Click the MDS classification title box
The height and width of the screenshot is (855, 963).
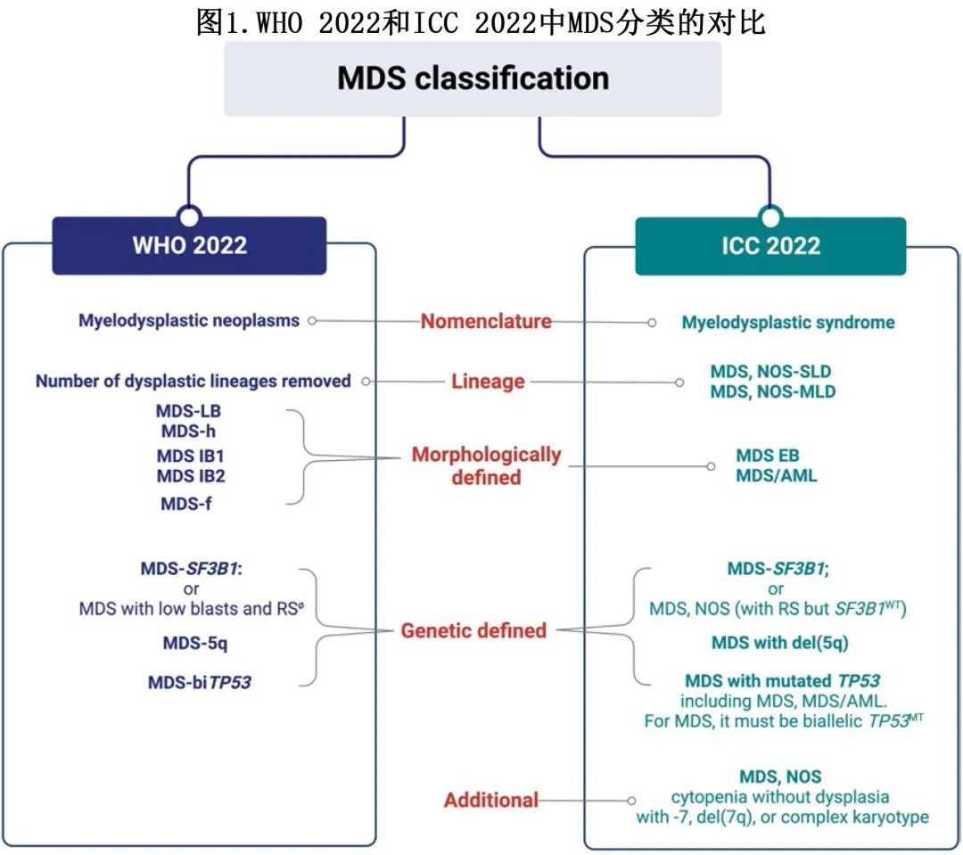pyautogui.click(x=473, y=78)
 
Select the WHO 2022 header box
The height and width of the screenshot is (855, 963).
pyautogui.click(x=189, y=245)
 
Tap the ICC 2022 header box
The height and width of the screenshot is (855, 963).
pyautogui.click(x=770, y=246)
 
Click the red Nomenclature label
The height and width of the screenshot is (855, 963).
pyautogui.click(x=486, y=322)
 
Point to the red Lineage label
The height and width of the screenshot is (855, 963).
pyautogui.click(x=487, y=382)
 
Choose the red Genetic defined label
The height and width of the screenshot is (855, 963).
pyautogui.click(x=473, y=631)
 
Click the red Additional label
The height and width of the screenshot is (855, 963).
pyautogui.click(x=491, y=800)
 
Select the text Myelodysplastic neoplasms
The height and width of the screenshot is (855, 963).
pyautogui.click(x=189, y=321)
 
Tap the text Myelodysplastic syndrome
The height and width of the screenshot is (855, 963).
pyautogui.click(x=787, y=323)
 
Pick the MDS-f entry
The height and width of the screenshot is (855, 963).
pyautogui.click(x=186, y=504)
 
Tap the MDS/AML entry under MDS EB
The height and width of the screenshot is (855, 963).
pyautogui.click(x=776, y=476)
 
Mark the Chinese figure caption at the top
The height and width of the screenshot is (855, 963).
pyautogui.click(x=481, y=21)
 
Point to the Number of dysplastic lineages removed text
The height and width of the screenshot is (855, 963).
pyautogui.click(x=193, y=382)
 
